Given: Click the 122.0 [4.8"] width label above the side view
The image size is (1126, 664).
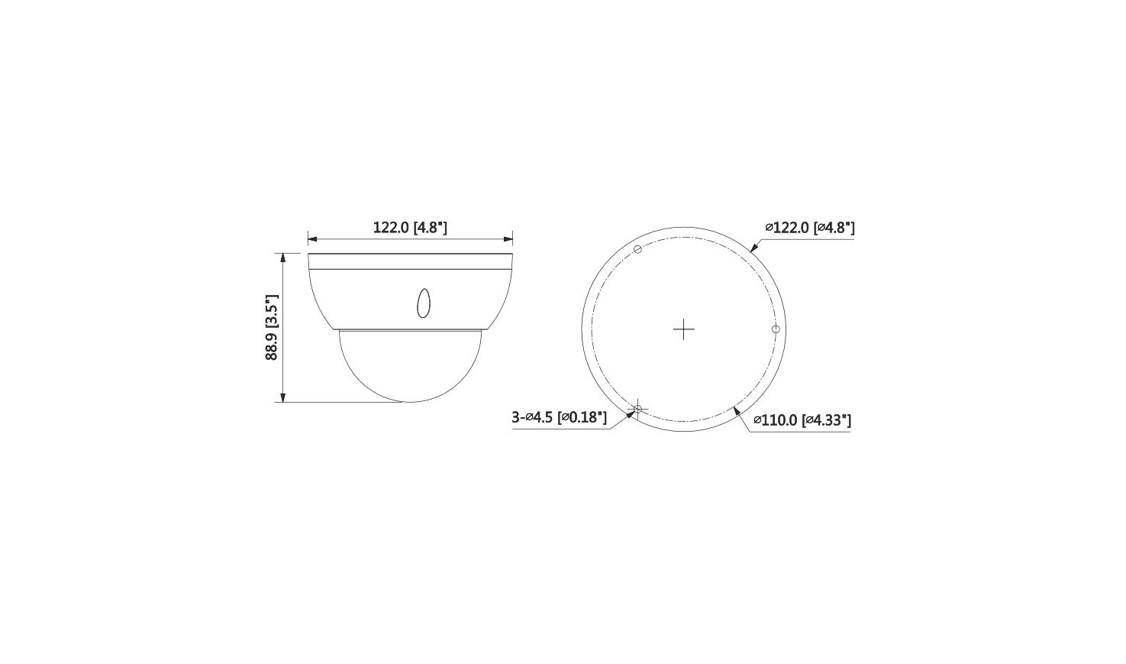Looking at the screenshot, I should click(410, 228).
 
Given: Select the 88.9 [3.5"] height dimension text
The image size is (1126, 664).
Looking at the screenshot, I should click(273, 327).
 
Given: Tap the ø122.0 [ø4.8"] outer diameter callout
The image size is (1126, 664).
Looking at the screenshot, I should click(809, 228).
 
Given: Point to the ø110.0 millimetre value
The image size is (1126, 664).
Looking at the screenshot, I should click(776, 420).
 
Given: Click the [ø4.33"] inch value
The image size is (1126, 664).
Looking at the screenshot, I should click(827, 420).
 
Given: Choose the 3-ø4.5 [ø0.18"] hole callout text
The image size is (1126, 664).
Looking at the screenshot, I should click(559, 417).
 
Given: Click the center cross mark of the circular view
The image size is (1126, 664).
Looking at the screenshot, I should click(684, 329).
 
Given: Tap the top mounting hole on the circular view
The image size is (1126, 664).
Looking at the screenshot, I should click(638, 249).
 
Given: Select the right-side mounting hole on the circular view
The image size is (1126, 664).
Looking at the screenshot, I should click(776, 329).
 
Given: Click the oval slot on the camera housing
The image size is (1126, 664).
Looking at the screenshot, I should click(423, 303).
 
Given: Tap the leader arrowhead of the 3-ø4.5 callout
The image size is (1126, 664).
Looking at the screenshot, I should click(631, 413).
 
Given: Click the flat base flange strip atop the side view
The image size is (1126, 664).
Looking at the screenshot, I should click(410, 261).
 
